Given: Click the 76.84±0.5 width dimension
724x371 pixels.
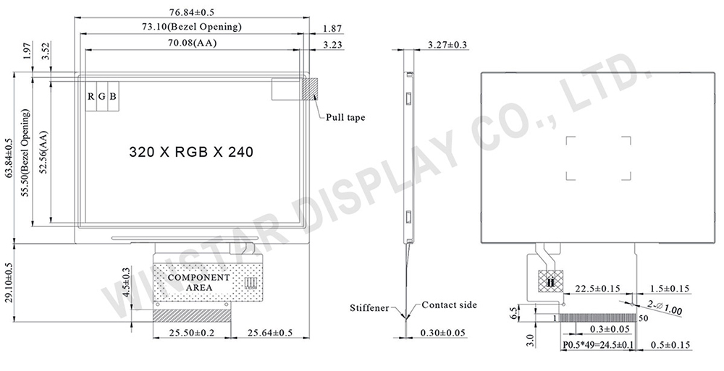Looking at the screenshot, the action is pos(193,12).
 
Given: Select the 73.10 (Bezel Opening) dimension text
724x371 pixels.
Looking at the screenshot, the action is pos(192,27).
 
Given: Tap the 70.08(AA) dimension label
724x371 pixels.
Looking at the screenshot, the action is pos(192,43).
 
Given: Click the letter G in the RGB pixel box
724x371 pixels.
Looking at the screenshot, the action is pos(102,96).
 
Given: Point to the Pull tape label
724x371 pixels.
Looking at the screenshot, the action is pos(345,117).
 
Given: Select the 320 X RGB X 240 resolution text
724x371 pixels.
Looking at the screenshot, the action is pos(190,152).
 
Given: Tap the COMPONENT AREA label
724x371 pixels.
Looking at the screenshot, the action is pos(199,282).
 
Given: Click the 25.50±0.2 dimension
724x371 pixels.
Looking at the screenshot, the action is pos(192,333).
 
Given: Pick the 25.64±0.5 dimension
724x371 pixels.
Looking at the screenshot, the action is pos(270,333).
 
